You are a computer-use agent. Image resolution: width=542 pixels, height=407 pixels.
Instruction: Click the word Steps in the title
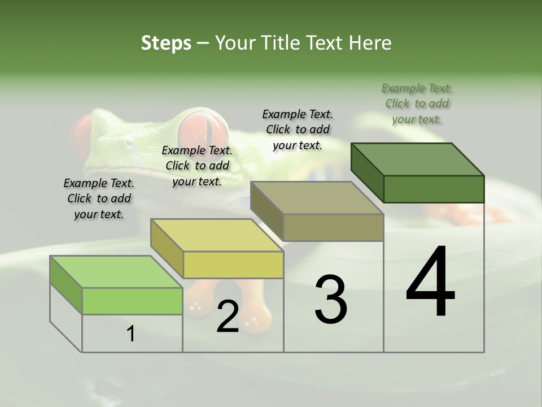[166, 43]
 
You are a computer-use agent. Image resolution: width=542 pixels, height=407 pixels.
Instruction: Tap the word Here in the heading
[369, 43]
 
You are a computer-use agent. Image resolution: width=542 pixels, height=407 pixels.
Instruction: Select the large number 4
[430, 282]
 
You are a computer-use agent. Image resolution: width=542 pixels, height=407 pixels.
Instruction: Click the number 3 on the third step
[331, 300]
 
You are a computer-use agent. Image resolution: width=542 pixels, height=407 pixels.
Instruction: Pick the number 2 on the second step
[228, 317]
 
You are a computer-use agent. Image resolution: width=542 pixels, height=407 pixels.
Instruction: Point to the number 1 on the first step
[130, 334]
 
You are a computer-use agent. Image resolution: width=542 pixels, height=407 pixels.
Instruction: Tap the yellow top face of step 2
[217, 235]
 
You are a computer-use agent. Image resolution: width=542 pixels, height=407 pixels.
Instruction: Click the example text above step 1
[99, 199]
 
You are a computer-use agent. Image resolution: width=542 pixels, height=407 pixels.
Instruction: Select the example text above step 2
[197, 166]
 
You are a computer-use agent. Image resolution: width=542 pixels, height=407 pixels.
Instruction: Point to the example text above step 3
[298, 129]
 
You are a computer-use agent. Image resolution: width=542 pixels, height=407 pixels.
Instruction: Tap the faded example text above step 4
[417, 104]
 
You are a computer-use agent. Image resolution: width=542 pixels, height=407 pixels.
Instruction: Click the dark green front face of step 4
[434, 189]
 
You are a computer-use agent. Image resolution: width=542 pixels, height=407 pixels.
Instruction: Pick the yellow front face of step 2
[233, 265]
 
